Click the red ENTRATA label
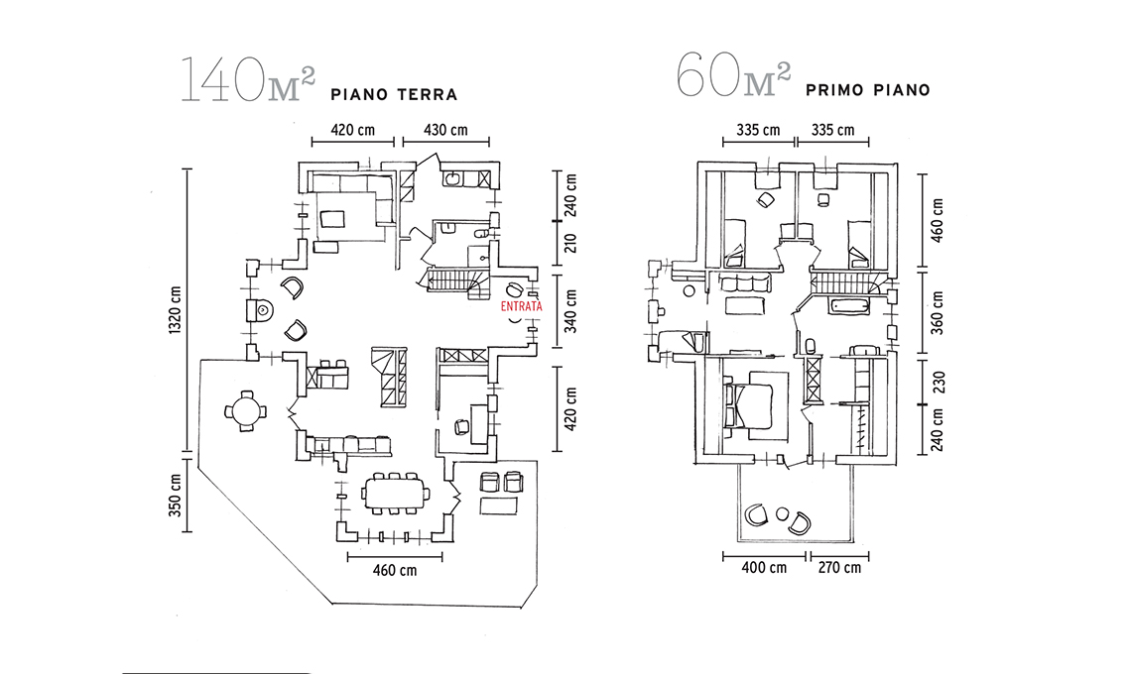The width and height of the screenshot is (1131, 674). (x=522, y=307)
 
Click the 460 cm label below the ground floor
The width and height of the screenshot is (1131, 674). (x=394, y=570)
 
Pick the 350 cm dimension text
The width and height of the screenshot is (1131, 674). (x=176, y=494)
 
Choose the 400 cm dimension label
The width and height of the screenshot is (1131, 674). (x=764, y=568)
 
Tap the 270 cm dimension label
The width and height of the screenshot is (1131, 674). (x=838, y=568)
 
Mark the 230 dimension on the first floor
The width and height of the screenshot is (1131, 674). (x=937, y=383)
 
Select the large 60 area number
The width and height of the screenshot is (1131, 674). (x=704, y=78)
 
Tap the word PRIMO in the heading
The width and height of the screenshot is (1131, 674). (x=840, y=89)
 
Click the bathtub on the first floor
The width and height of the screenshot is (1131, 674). (x=849, y=305)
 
